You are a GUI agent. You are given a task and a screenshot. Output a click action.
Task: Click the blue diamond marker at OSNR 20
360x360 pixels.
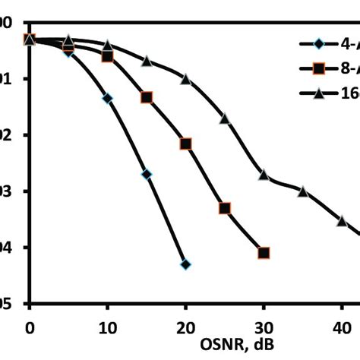[x=185, y=264]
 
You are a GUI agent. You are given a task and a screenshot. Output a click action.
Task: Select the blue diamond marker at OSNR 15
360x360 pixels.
[x=147, y=175]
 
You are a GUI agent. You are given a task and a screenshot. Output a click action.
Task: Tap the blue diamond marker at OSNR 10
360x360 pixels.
[x=107, y=99]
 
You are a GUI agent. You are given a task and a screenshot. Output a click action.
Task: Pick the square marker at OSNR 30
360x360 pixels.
[x=264, y=253]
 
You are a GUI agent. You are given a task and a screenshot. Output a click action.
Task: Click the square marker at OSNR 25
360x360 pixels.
[x=225, y=208]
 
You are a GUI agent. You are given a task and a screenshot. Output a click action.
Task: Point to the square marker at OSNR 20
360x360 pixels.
[x=185, y=144]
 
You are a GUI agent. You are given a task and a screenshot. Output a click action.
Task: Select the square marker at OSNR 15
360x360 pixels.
[x=147, y=97]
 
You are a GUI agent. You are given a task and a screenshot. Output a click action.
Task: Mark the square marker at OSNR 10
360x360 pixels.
[x=107, y=57]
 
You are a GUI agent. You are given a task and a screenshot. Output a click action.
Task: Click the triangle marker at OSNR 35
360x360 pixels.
[x=303, y=191]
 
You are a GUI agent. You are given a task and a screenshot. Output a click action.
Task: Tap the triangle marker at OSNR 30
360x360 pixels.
[x=264, y=175]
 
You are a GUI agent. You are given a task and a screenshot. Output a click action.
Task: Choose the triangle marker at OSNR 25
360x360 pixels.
[x=225, y=118]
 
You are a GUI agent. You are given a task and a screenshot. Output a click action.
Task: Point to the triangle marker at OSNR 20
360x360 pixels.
[x=185, y=78]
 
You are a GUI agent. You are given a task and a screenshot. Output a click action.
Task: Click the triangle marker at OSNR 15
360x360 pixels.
[x=147, y=60]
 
